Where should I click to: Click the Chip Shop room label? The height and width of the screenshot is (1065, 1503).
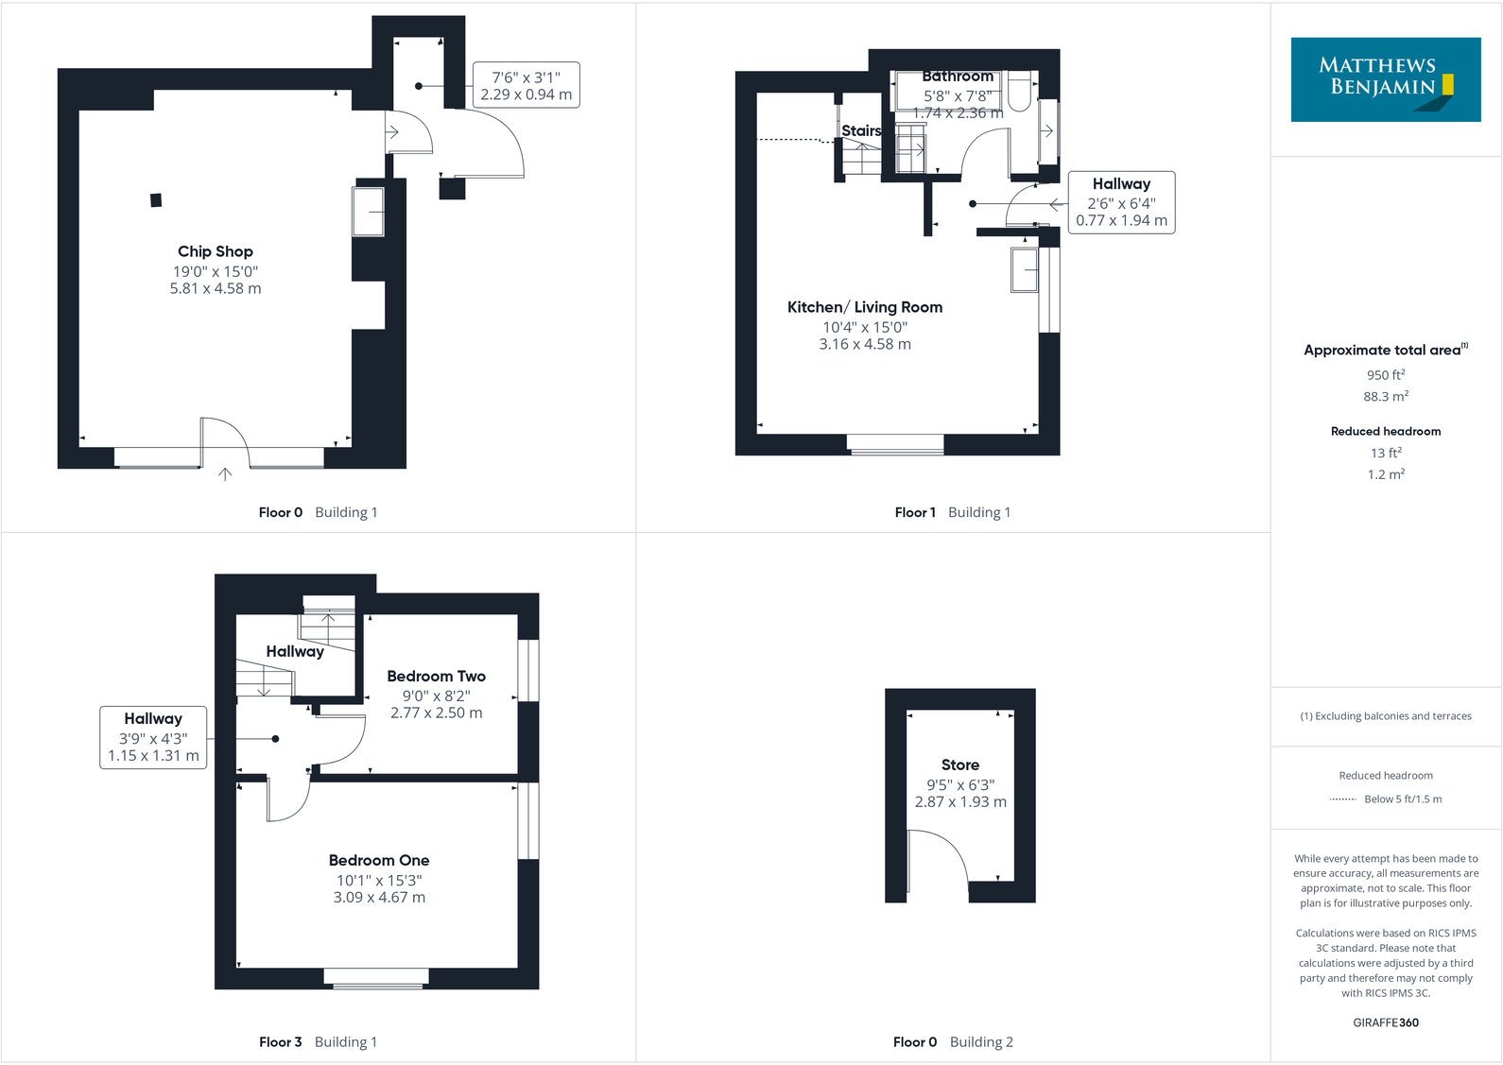pyautogui.click(x=215, y=251)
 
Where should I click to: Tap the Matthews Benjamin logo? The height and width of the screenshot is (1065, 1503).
pyautogui.click(x=1385, y=79)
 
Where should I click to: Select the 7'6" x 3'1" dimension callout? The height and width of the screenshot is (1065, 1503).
pyautogui.click(x=526, y=85)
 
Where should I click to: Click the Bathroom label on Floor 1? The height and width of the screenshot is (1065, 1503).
pyautogui.click(x=958, y=77)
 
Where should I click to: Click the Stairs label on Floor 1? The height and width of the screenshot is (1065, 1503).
pyautogui.click(x=861, y=131)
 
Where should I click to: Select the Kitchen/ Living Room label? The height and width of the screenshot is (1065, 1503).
pyautogui.click(x=864, y=307)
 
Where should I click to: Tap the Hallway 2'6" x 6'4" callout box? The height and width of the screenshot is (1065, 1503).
pyautogui.click(x=1121, y=202)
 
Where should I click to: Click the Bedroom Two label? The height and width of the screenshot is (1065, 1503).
pyautogui.click(x=436, y=677)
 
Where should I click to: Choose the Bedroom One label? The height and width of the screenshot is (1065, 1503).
pyautogui.click(x=378, y=860)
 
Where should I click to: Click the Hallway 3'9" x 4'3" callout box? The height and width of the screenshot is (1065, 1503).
pyautogui.click(x=153, y=737)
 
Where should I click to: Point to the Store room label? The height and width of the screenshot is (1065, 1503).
pyautogui.click(x=959, y=765)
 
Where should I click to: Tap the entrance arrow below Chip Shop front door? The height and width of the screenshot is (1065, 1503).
pyautogui.click(x=225, y=474)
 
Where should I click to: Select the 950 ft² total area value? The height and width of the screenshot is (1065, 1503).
pyautogui.click(x=1385, y=375)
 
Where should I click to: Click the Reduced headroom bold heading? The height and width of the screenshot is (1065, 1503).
pyautogui.click(x=1385, y=431)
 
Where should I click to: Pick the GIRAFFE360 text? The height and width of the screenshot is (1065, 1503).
pyautogui.click(x=1385, y=1022)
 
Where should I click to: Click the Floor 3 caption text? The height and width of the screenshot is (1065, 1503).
pyautogui.click(x=281, y=1041)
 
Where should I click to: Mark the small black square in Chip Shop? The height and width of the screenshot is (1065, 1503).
pyautogui.click(x=156, y=199)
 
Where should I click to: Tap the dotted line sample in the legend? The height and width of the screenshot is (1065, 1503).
pyautogui.click(x=1342, y=799)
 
